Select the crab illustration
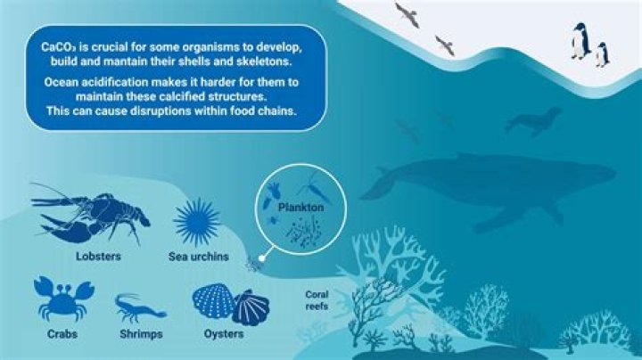tap(62, 299)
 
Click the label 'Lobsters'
tap(97, 257)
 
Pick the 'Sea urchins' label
tap(198, 257)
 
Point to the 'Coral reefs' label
tap(317, 299)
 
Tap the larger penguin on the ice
tap(580, 41)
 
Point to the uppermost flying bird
tap(406, 13)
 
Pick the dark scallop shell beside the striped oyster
tap(250, 307)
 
